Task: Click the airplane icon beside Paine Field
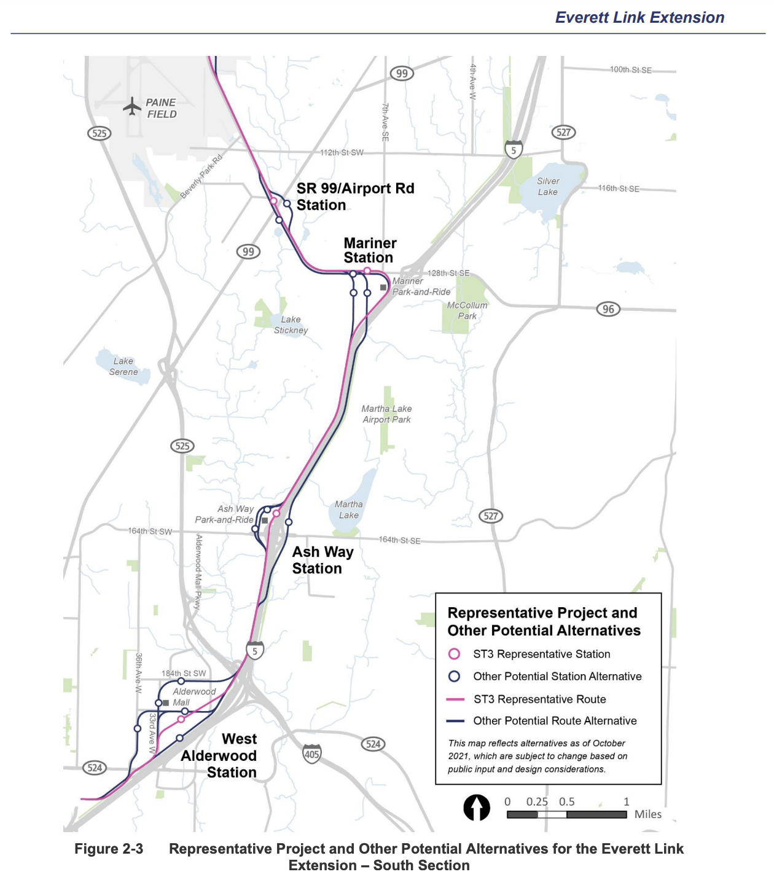point(132,106)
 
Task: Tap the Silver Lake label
point(548,186)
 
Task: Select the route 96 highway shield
point(608,309)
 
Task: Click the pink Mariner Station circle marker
point(367,271)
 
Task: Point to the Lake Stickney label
point(291,324)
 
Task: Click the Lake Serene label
point(123,366)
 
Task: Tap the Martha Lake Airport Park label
point(386,414)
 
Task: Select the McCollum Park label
point(467,310)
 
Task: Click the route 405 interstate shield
point(312,753)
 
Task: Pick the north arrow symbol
point(477,808)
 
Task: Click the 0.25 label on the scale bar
point(537,801)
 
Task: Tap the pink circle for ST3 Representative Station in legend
point(455,654)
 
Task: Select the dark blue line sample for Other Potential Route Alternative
point(455,721)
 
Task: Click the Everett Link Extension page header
point(639,17)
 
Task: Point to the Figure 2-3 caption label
point(109,849)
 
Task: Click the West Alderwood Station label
point(220,755)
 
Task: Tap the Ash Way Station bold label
point(322,560)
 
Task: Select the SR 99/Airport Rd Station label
point(354,197)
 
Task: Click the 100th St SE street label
point(630,70)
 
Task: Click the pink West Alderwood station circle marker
point(181,719)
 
